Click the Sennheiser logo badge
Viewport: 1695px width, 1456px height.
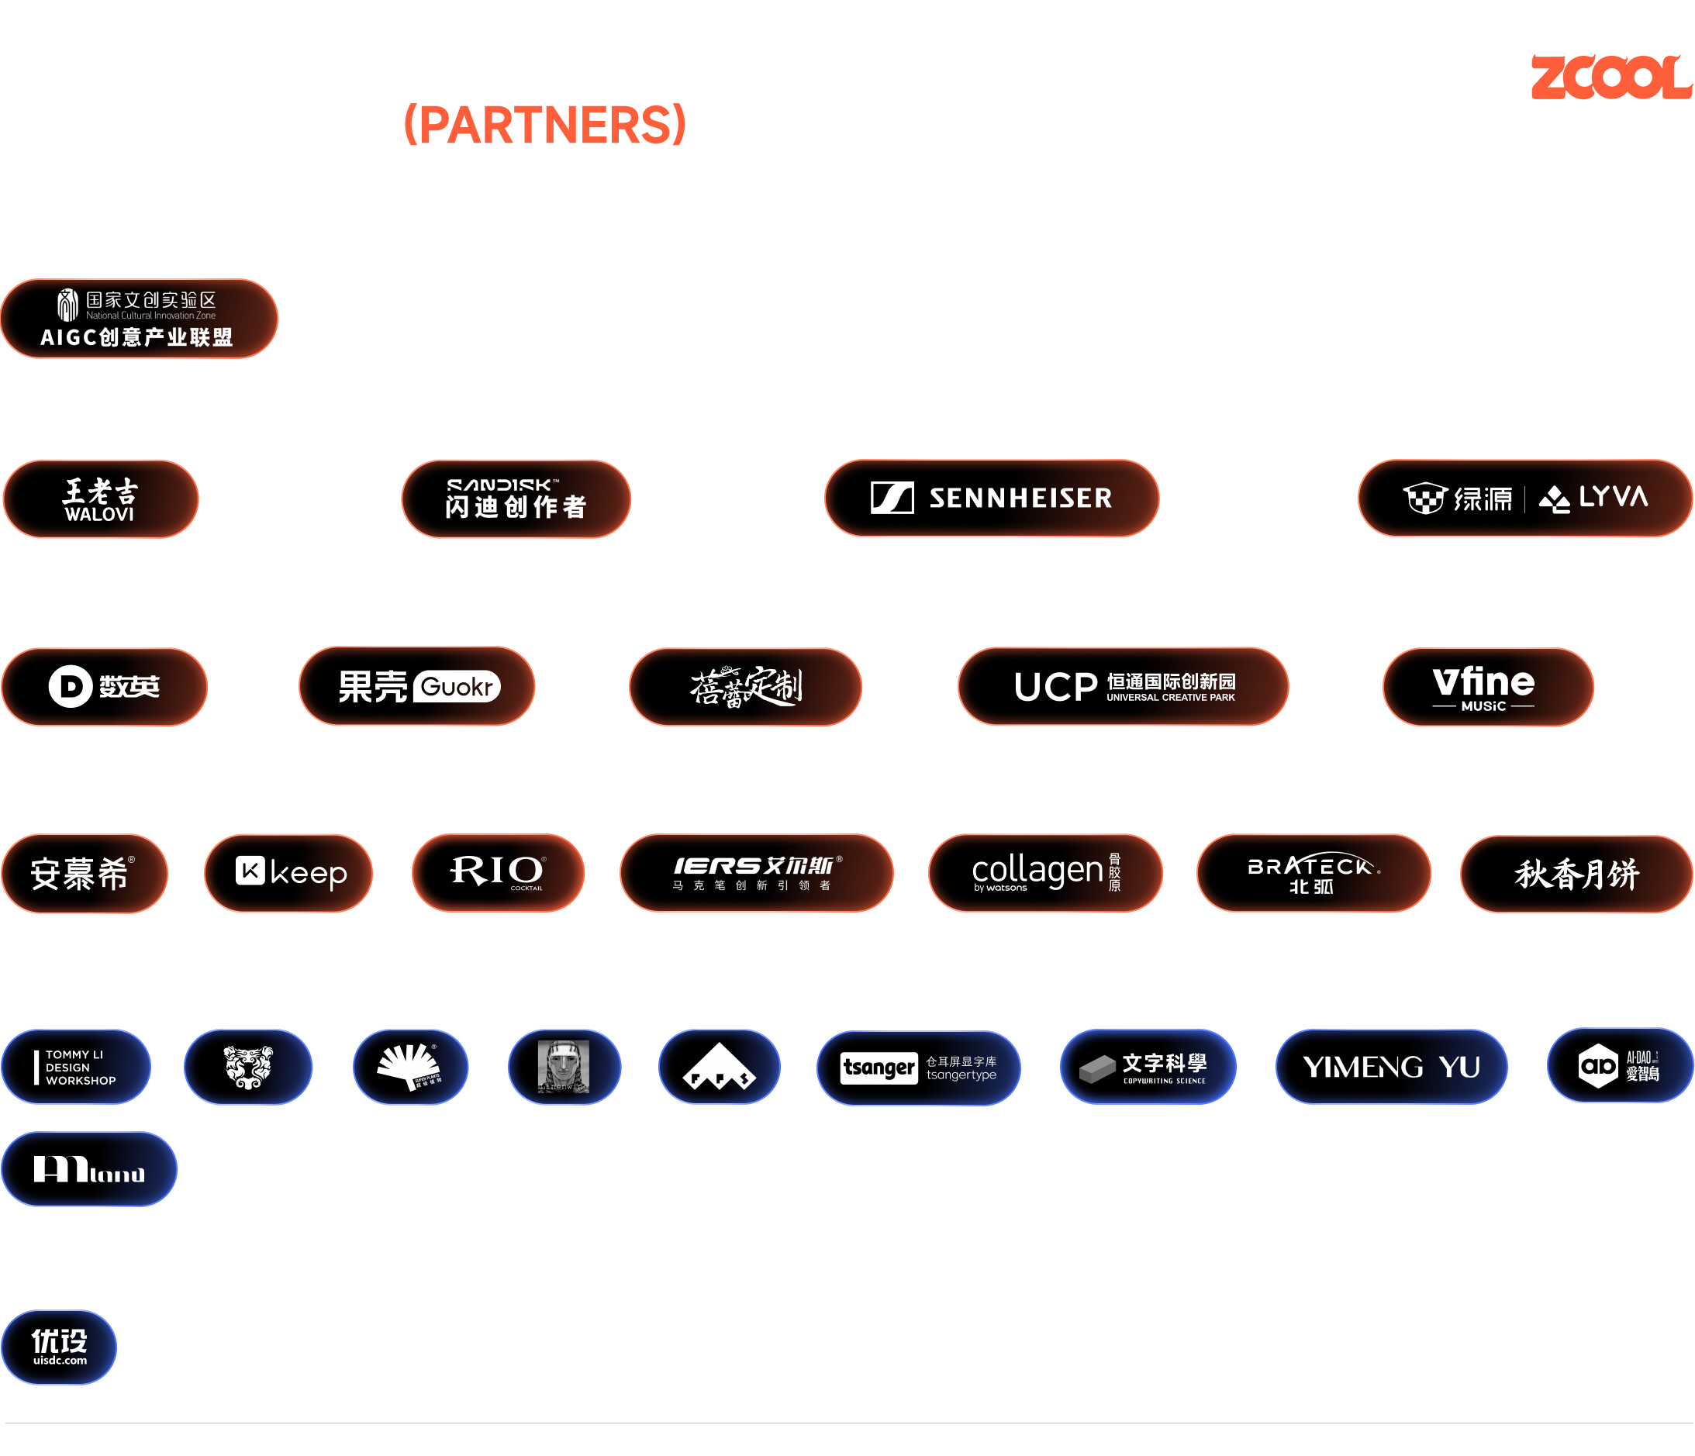coord(992,499)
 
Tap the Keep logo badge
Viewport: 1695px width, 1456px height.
coord(288,873)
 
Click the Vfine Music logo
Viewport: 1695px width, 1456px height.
coord(1487,687)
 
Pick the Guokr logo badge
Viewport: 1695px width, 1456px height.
coord(417,687)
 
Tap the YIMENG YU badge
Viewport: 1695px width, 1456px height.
coord(1391,1067)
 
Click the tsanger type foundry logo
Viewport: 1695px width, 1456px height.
coord(918,1068)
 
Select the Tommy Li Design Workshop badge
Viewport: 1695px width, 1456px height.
coord(76,1068)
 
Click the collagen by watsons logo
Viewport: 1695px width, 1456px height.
coord(1044,873)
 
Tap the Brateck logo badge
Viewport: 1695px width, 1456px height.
coord(1313,873)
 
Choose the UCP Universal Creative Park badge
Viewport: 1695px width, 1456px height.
coord(1122,687)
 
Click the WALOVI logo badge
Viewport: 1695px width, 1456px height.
coord(101,499)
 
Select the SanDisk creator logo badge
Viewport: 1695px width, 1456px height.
coord(516,499)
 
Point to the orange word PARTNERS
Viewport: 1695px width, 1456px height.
coord(545,124)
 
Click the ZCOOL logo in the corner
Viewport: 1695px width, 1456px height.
coord(1610,78)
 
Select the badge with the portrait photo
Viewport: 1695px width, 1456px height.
coord(564,1067)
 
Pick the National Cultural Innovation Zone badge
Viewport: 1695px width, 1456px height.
coord(138,319)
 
